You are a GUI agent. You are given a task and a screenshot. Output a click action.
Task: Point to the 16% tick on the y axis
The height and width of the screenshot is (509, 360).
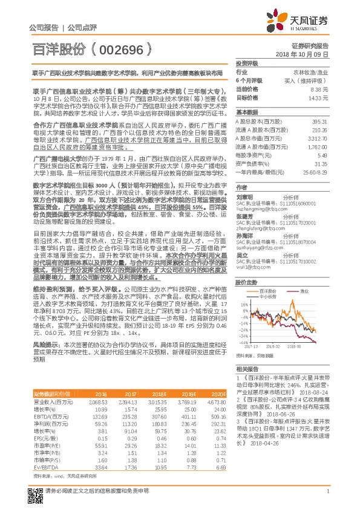coord(243,287)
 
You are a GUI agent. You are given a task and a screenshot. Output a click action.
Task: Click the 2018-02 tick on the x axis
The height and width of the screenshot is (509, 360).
coord(271,347)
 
